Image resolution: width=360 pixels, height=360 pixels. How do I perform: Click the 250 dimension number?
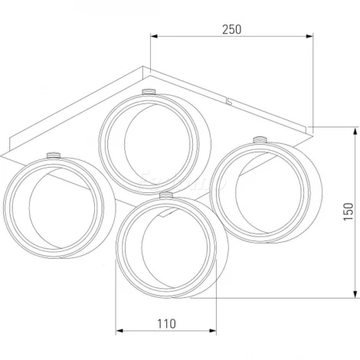click(231, 29)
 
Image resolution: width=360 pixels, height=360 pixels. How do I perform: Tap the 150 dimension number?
click(349, 211)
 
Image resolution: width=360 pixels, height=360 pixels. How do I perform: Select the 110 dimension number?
click(166, 324)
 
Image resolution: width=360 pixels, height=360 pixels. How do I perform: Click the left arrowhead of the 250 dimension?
click(154, 36)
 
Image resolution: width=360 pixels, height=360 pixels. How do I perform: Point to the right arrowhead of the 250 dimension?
click(309, 36)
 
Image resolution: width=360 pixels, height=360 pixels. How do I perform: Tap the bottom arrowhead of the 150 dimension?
click(355, 294)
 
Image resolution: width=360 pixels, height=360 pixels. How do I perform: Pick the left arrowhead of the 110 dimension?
click(119, 331)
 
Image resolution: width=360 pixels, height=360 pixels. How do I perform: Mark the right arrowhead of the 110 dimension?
click(213, 331)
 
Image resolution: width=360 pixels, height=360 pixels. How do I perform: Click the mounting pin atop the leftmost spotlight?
click(54, 155)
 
